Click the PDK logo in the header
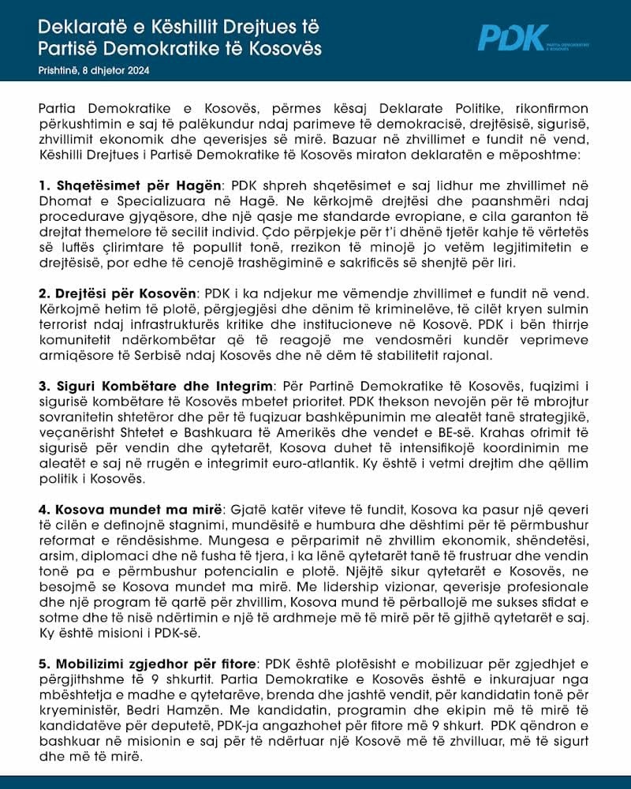point(513,38)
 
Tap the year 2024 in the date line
point(137,70)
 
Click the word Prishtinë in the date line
point(58,70)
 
